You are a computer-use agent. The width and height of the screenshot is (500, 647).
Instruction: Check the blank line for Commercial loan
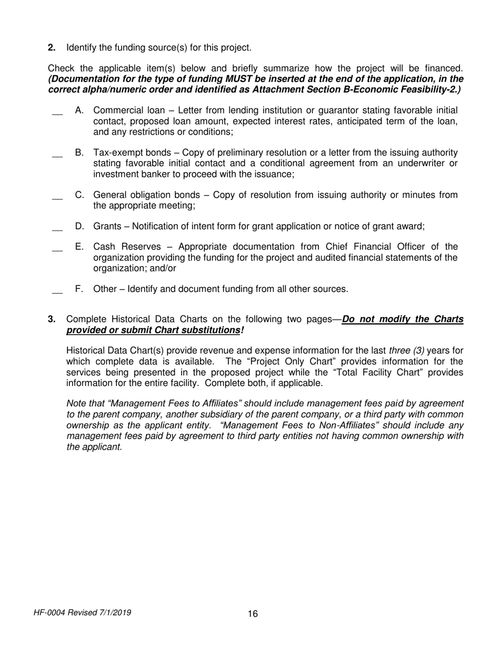pos(57,114)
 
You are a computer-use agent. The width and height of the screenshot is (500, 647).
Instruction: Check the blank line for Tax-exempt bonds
pos(57,156)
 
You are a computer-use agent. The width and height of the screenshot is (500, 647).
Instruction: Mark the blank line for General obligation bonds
pos(57,198)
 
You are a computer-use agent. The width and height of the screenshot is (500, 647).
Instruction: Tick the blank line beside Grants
pos(57,229)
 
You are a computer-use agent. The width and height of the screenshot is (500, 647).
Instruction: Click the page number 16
pos(253,614)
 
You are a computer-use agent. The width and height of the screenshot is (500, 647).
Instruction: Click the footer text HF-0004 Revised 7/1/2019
pos(82,613)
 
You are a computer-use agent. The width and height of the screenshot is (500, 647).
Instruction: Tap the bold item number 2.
pos(52,48)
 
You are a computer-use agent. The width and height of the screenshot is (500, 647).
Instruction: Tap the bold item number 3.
pos(52,319)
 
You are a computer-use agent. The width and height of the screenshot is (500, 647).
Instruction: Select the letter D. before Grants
pos(80,226)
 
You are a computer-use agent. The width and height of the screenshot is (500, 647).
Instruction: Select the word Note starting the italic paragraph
pos(77,403)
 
